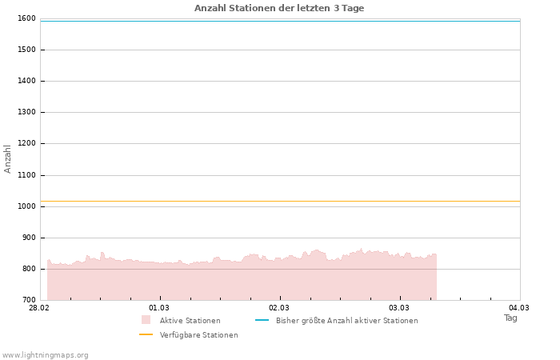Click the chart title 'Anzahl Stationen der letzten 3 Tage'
279,8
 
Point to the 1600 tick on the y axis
26,18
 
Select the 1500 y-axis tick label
26,50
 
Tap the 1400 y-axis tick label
26,81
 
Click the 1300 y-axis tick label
26,112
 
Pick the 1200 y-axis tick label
26,143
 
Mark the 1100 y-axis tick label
26,175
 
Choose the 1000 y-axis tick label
26,206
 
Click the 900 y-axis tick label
29,238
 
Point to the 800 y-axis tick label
29,269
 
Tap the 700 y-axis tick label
29,300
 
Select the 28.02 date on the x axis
39,308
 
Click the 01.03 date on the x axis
159,308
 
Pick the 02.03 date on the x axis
279,308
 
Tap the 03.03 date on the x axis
399,308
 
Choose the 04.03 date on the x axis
519,308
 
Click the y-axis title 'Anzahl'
8,158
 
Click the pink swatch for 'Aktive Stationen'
146,320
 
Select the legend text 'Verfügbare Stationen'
198,334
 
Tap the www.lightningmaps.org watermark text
45,354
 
